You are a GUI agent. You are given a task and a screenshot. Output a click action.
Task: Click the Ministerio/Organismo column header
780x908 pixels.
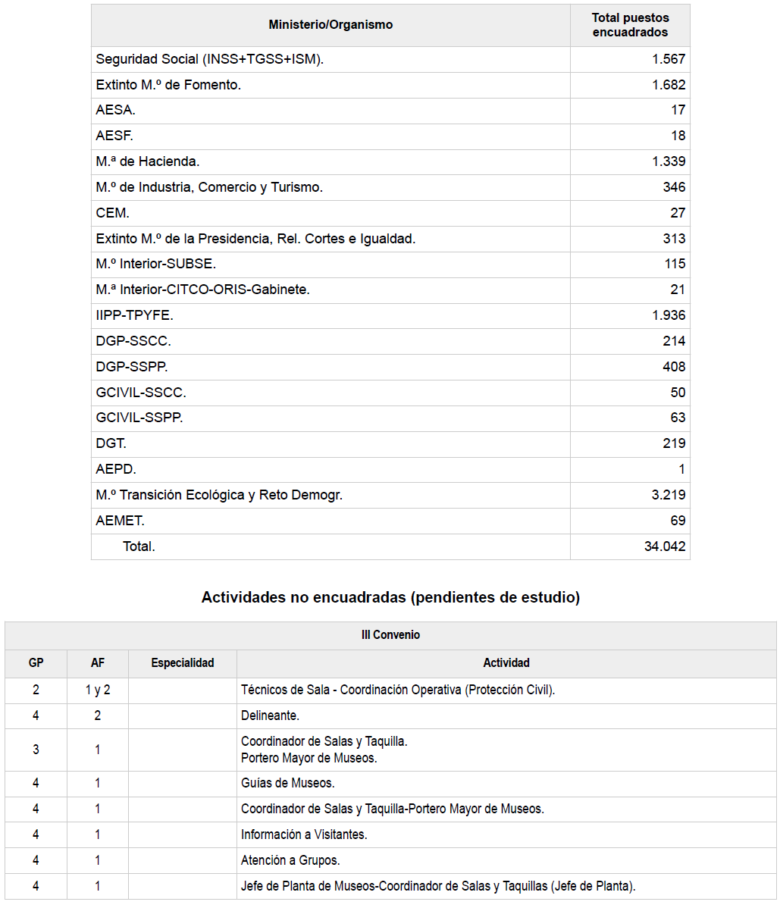pyautogui.click(x=330, y=25)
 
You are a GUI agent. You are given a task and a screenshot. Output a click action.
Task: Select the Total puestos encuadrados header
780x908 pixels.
pyautogui.click(x=630, y=25)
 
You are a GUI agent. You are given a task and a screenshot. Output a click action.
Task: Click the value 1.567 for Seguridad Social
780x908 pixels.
pyautogui.click(x=668, y=59)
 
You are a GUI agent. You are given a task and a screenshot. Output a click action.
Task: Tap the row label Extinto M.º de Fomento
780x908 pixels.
pyautogui.click(x=168, y=85)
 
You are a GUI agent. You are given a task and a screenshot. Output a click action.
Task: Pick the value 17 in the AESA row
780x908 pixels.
pyautogui.click(x=678, y=111)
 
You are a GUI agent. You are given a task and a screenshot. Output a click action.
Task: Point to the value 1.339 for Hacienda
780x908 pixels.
pyautogui.click(x=668, y=161)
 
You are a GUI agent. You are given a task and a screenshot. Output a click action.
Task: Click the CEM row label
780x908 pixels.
pyautogui.click(x=112, y=213)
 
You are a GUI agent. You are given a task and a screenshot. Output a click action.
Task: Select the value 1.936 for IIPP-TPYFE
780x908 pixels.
pyautogui.click(x=668, y=315)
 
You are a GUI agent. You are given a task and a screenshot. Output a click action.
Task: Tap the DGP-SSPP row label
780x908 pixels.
pyautogui.click(x=132, y=367)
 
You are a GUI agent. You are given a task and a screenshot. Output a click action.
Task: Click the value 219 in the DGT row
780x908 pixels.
pyautogui.click(x=674, y=443)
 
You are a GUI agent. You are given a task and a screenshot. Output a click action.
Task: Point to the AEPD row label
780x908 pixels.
pyautogui.click(x=116, y=469)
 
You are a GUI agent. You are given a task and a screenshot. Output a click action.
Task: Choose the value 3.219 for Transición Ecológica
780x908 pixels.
pyautogui.click(x=668, y=495)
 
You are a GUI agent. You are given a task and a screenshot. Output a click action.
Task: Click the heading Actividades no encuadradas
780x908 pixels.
pyautogui.click(x=390, y=597)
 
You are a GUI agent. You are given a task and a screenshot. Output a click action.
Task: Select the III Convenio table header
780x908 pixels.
pyautogui.click(x=390, y=635)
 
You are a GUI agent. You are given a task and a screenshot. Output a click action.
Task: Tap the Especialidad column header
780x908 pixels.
pyautogui.click(x=183, y=663)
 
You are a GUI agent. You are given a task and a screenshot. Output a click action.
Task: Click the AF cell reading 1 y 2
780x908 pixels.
pyautogui.click(x=98, y=690)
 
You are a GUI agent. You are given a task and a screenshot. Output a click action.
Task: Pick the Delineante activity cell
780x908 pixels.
pyautogui.click(x=270, y=715)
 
